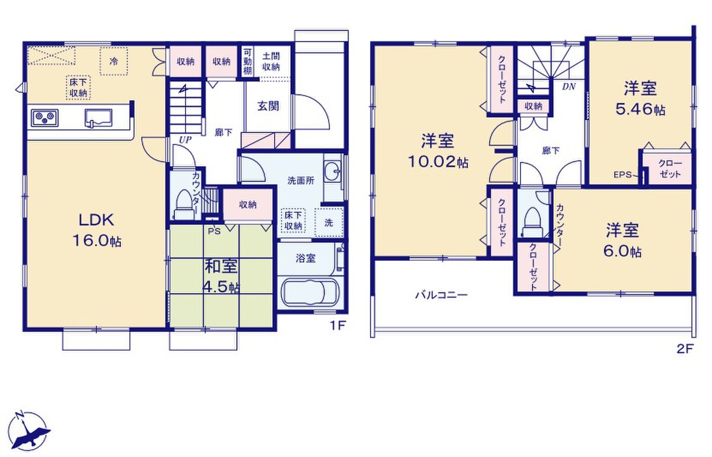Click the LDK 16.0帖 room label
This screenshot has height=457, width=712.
(x=97, y=230)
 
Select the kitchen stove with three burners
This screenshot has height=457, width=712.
(x=44, y=118)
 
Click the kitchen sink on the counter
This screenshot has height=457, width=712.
(x=98, y=118)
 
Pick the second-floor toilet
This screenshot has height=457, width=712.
(x=532, y=222)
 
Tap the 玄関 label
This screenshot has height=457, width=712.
(x=268, y=106)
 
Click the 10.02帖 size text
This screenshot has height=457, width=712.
(x=438, y=162)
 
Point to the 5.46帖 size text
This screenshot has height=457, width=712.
(x=640, y=110)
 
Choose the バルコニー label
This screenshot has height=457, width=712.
(x=441, y=295)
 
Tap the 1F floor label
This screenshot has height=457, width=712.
(x=337, y=326)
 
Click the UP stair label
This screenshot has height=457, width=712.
(x=185, y=139)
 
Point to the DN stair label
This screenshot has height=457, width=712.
(x=568, y=87)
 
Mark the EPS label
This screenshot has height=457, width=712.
(x=622, y=174)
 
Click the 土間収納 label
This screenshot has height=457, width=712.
(x=271, y=62)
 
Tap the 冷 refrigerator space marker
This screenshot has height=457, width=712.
(x=113, y=61)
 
